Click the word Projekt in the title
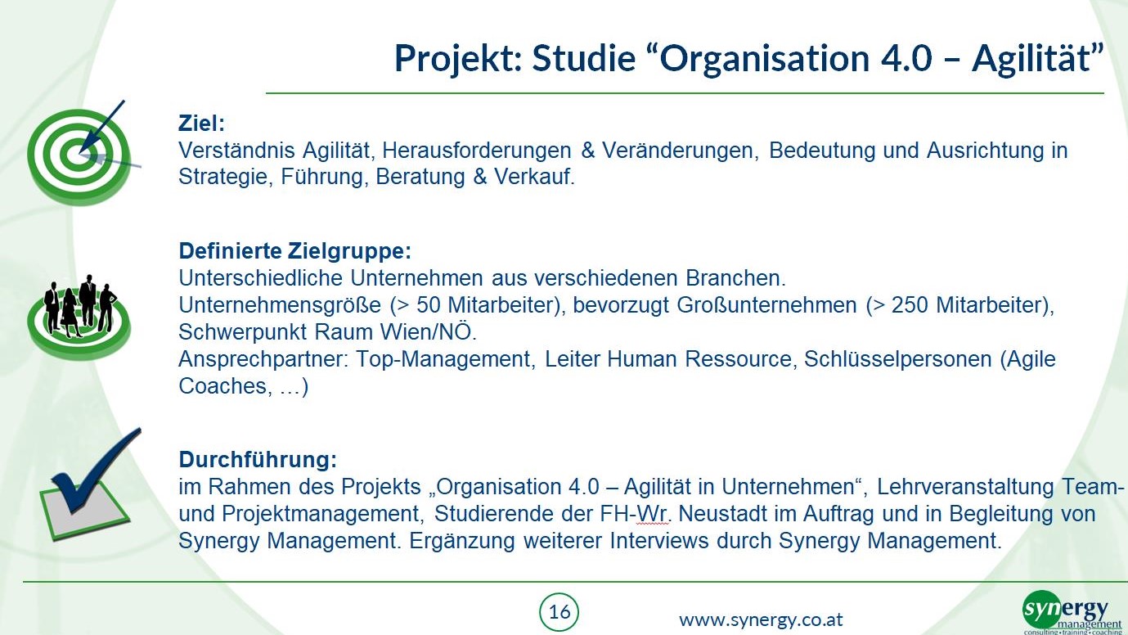point(457,59)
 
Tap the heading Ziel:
point(201,124)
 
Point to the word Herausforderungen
point(476,150)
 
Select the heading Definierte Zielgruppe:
point(295,250)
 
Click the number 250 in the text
point(910,305)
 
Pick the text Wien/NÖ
point(428,332)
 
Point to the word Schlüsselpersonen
point(898,359)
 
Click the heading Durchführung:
point(258,459)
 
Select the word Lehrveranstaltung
point(966,487)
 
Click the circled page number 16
point(559,612)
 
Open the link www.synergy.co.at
point(761,620)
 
